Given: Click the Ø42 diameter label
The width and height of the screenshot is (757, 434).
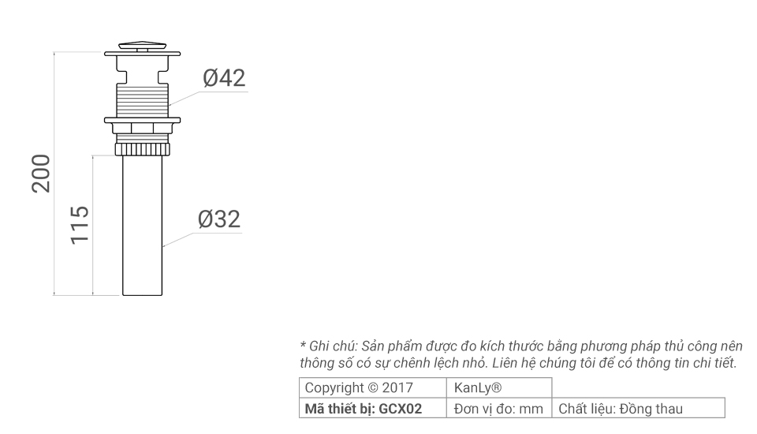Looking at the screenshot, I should (x=224, y=78).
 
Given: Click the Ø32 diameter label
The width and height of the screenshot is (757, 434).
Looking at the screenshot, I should (x=219, y=219).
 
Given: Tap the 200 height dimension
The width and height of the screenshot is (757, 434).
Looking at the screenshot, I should (x=42, y=174).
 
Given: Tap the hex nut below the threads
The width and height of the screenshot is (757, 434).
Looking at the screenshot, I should (x=143, y=129).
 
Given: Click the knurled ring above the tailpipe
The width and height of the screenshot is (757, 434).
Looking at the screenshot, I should (x=143, y=148).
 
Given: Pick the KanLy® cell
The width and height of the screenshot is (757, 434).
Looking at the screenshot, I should (x=479, y=388).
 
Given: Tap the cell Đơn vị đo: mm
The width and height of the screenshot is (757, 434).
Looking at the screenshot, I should (x=499, y=409).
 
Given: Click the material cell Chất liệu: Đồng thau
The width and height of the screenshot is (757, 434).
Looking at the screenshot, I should (x=621, y=409).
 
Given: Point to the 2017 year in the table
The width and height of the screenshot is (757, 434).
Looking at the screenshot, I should (x=396, y=388).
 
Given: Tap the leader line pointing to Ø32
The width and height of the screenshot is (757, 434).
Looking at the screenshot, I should (x=181, y=239).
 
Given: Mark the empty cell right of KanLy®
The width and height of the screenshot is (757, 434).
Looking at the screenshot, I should (x=638, y=388).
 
